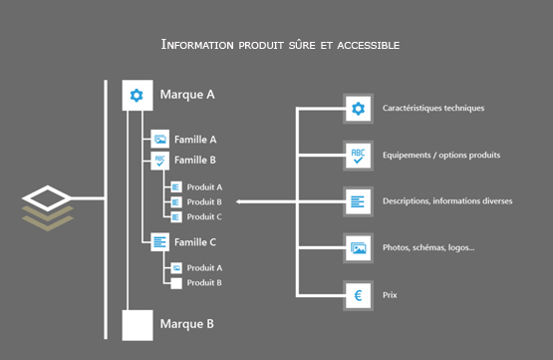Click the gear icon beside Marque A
[x=137, y=96]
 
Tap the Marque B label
[x=187, y=324]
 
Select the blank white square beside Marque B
[x=137, y=325]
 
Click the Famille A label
[x=195, y=140]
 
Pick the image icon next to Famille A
[x=159, y=140]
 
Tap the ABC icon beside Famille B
[x=159, y=160]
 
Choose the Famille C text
[x=195, y=241]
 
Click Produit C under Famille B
[x=204, y=216]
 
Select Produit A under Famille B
[x=204, y=186]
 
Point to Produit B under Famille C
[x=204, y=282]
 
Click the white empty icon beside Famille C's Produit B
[x=175, y=283]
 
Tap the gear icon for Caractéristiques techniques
[x=358, y=109]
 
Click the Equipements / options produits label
[x=441, y=155]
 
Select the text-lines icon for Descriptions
[x=358, y=200]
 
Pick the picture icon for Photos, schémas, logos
[x=358, y=247]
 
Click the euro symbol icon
[x=358, y=294]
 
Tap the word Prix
[x=391, y=295]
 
